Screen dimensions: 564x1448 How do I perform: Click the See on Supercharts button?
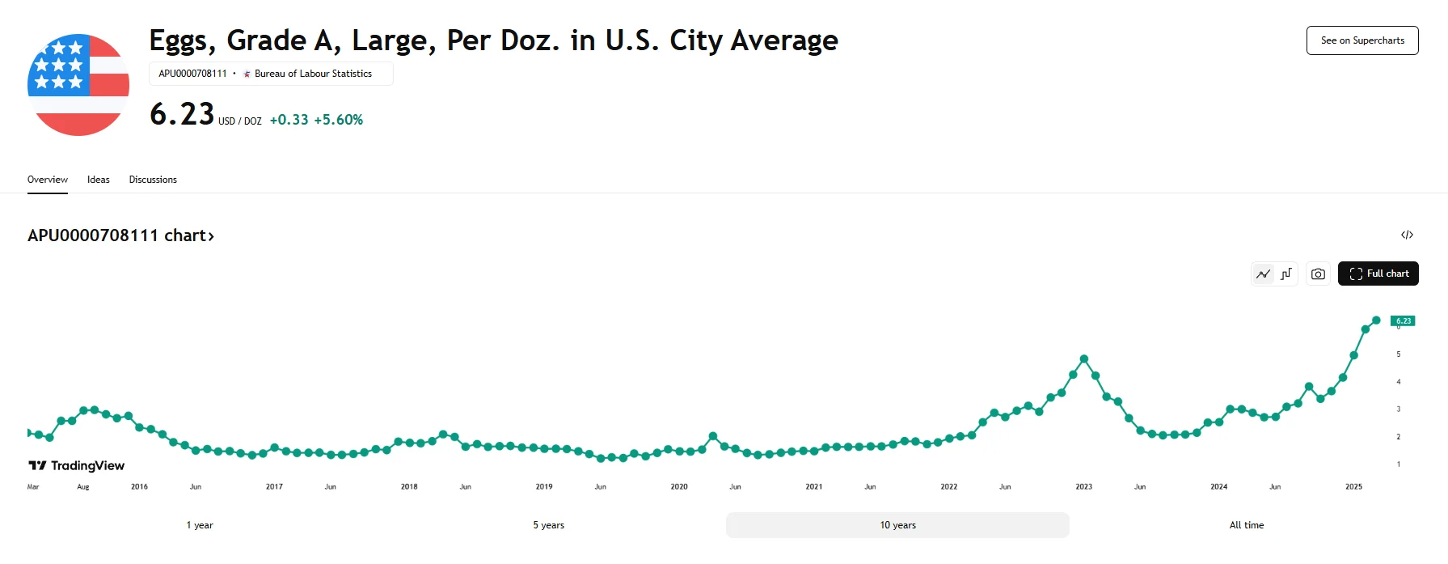click(1362, 40)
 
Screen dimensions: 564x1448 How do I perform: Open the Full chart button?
click(1378, 274)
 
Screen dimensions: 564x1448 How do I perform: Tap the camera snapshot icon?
click(1318, 274)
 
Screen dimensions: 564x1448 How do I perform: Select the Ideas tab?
click(99, 180)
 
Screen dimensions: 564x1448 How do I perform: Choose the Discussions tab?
click(153, 180)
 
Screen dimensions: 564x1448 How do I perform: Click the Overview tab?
click(48, 180)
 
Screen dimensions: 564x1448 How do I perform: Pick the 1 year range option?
click(200, 525)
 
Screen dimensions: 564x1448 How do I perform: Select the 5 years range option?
click(548, 525)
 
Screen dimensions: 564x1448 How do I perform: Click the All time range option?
click(1246, 525)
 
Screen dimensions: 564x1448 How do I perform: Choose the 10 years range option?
click(897, 525)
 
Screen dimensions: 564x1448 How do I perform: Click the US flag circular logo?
click(78, 85)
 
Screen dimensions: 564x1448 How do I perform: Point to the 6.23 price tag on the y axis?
click(1403, 321)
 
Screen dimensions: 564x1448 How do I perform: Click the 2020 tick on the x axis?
click(679, 487)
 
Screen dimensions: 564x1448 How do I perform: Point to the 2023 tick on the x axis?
click(1083, 487)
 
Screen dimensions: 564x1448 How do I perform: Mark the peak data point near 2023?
click(1084, 358)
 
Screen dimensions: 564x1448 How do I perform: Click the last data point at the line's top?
click(1376, 320)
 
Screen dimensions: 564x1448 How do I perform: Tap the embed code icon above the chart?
click(1407, 235)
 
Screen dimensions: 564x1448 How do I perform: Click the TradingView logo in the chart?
click(77, 465)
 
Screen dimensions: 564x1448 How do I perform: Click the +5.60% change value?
click(338, 120)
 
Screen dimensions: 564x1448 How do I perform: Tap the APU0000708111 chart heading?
click(120, 235)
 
